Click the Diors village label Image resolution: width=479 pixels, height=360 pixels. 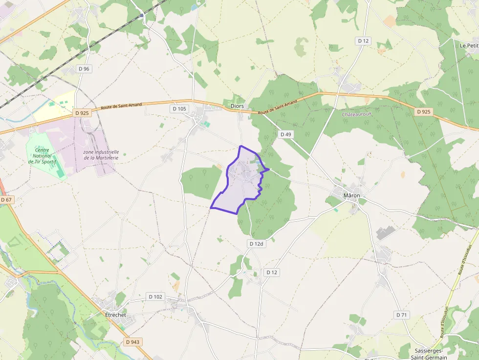click(x=237, y=106)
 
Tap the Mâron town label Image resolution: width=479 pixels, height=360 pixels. click(x=352, y=195)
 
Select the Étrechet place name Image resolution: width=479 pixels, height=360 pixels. click(x=116, y=315)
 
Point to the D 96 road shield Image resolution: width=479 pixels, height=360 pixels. click(x=84, y=69)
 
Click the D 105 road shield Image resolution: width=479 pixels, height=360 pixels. click(x=179, y=108)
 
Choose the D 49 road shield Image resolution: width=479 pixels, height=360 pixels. click(x=285, y=134)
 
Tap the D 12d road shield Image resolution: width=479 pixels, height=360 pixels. click(x=256, y=243)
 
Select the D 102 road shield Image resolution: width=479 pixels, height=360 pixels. click(x=155, y=296)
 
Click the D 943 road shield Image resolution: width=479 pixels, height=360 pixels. click(x=132, y=342)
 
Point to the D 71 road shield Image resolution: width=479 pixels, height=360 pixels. click(x=401, y=315)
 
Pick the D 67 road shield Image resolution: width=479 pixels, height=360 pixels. click(x=6, y=199)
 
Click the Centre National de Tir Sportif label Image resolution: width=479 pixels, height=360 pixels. click(x=45, y=156)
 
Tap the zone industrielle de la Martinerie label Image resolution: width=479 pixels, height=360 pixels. click(x=101, y=155)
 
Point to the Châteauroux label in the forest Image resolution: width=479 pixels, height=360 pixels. click(x=357, y=114)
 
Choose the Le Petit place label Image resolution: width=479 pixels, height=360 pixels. click(x=468, y=45)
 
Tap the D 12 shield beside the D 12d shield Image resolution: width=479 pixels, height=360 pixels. click(x=271, y=272)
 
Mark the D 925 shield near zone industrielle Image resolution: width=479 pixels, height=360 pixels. click(x=83, y=113)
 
